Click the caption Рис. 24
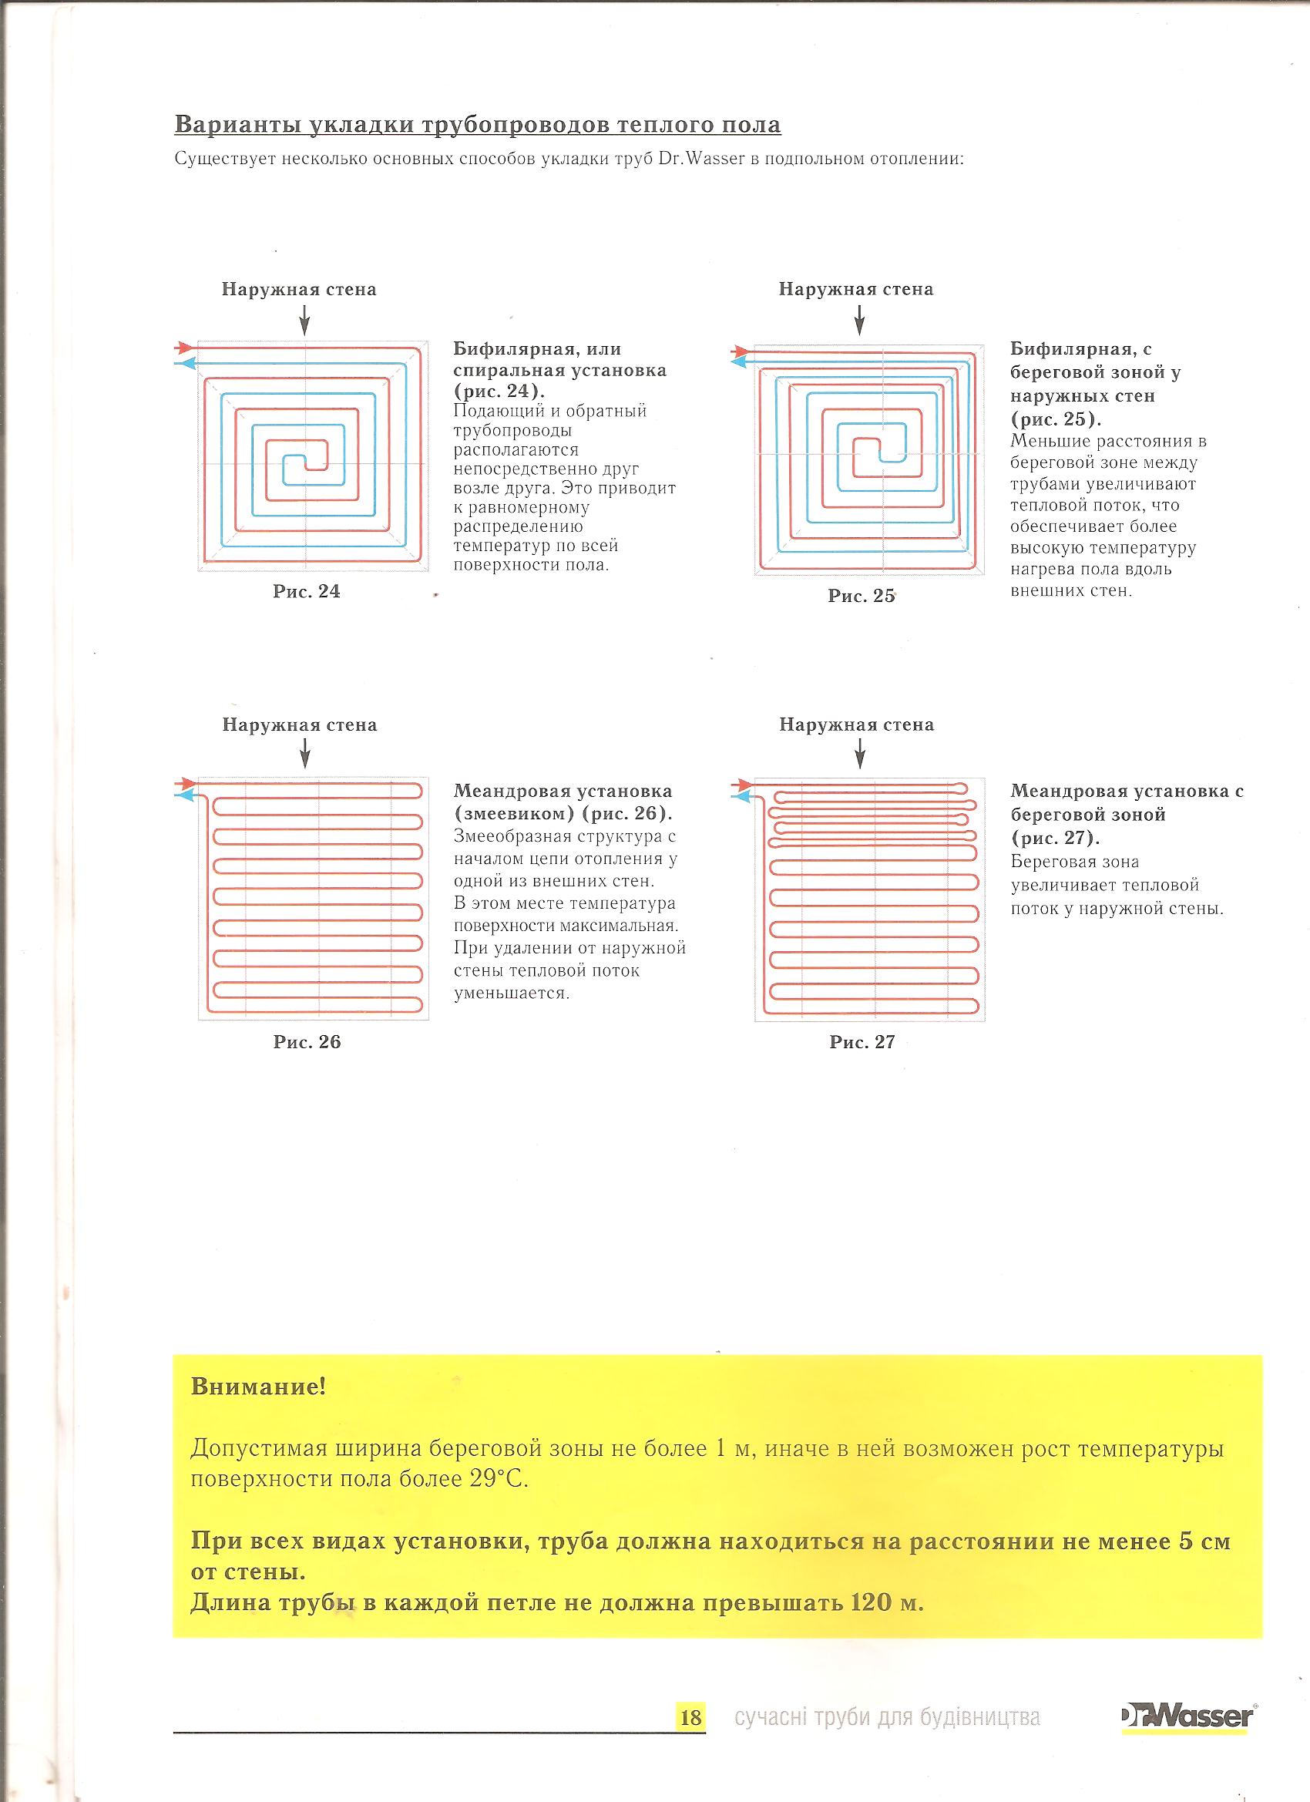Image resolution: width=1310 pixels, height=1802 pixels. coord(307,591)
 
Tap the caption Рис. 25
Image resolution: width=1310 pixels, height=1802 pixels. coord(862,596)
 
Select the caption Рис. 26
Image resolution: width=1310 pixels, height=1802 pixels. coord(307,1041)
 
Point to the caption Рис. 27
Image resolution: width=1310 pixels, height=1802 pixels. coord(862,1041)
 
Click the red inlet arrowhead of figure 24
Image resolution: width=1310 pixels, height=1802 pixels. coord(185,347)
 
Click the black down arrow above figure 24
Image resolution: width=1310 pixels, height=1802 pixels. coord(304,322)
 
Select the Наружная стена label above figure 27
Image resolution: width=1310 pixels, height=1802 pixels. coord(856,724)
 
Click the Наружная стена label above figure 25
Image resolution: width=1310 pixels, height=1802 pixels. coord(855,289)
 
